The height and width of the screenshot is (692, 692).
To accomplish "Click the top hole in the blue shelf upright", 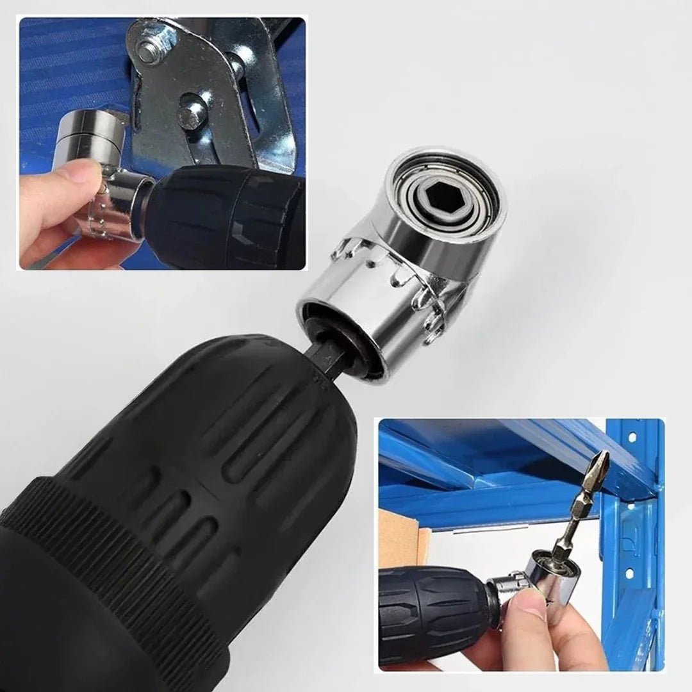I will coord(632,437).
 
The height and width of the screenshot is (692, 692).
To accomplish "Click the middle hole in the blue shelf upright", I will coord(630,506).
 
